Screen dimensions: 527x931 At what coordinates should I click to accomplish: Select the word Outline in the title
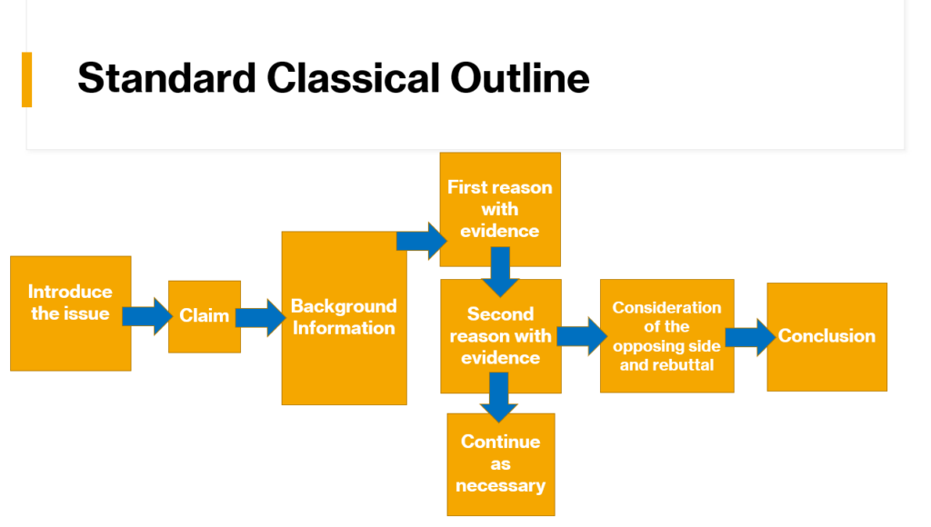point(520,78)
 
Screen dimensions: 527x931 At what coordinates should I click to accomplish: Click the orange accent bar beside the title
point(26,79)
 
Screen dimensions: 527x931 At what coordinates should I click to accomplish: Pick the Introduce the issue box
point(70,313)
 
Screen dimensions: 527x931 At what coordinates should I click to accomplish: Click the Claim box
point(205,316)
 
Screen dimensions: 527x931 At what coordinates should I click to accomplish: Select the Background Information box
point(344,318)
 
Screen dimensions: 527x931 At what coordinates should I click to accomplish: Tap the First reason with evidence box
point(499,209)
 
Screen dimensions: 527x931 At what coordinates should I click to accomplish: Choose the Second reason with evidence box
point(500,336)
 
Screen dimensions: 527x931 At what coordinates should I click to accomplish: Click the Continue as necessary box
point(500,463)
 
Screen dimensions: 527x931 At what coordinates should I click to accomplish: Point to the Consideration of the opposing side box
point(666,335)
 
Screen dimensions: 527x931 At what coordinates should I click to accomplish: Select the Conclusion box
point(826,336)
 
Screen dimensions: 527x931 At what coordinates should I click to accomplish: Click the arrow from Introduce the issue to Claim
point(147,316)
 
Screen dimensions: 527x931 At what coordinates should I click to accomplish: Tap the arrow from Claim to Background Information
point(260,317)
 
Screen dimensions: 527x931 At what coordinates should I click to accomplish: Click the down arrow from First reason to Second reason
point(500,272)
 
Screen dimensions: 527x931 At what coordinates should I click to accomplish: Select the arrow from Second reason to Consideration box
point(581,335)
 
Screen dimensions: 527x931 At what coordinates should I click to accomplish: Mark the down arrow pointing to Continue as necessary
point(498,398)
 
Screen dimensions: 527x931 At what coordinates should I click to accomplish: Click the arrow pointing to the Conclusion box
point(749,337)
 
